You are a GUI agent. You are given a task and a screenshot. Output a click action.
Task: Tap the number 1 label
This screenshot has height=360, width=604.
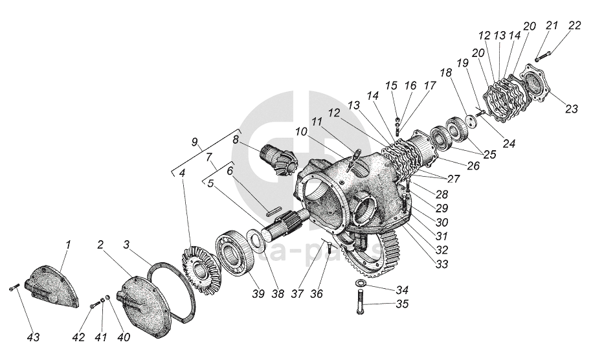[x=69, y=244]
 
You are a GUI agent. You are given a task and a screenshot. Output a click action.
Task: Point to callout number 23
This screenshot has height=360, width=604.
[x=572, y=108]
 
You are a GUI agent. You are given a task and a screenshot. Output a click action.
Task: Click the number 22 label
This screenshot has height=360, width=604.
[x=575, y=25]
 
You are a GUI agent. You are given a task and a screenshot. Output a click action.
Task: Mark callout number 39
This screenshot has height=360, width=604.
[x=258, y=294]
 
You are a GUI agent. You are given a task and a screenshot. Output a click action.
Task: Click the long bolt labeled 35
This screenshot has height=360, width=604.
[x=361, y=303]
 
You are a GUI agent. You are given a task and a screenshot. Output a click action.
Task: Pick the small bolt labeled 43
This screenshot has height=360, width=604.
[x=14, y=289]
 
